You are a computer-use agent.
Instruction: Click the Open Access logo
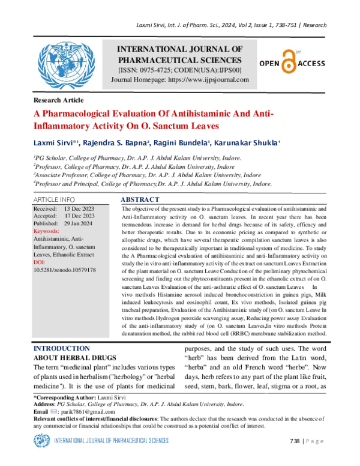pos(292,62)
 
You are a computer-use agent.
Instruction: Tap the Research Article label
pos(58,100)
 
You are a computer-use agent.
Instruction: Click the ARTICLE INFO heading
pos(53,198)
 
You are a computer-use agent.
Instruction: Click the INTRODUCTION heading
pos(61,348)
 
